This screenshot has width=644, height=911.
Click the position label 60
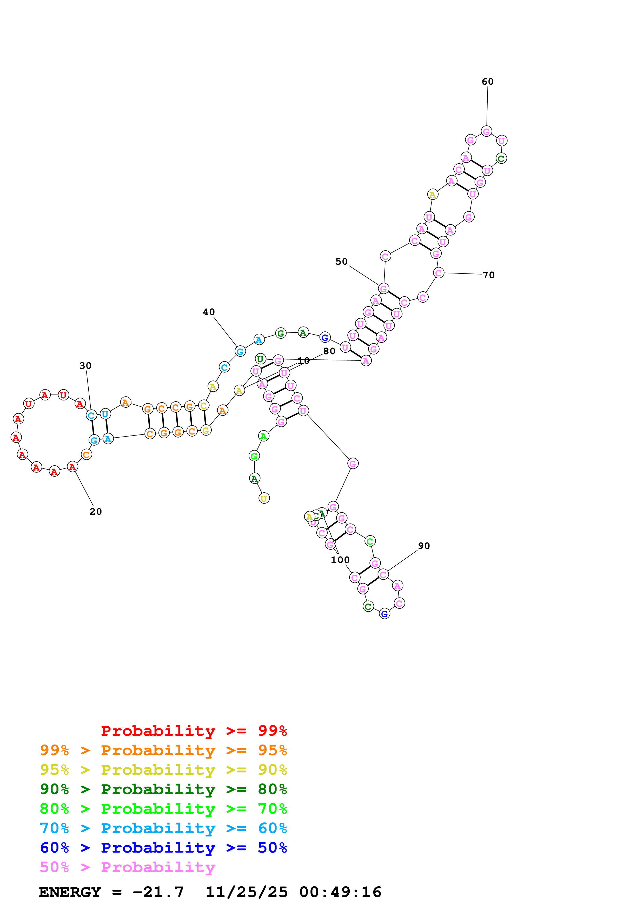tap(487, 82)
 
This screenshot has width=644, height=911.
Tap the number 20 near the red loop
tap(96, 512)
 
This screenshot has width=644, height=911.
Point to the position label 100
tap(340, 560)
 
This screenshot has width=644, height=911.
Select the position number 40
tap(209, 312)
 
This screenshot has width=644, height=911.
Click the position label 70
tap(488, 275)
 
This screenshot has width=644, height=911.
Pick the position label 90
tap(424, 546)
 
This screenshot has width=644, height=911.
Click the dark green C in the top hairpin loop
tap(501, 159)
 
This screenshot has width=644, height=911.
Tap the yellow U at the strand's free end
tap(264, 498)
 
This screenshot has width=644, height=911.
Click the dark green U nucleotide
tap(260, 359)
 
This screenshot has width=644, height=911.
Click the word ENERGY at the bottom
tap(70, 892)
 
